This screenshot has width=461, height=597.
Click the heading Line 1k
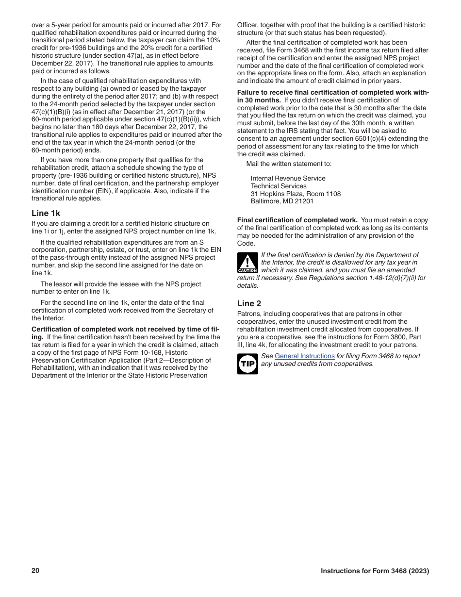click(46, 213)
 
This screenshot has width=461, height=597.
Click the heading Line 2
click(249, 303)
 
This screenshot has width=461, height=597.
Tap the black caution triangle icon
click(247, 263)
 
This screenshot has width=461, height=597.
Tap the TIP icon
click(247, 364)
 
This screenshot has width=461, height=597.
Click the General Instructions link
click(304, 356)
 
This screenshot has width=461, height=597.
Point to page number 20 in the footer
click(35, 571)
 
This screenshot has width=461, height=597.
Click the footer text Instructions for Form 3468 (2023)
click(375, 571)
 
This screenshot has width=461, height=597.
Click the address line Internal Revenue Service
click(288, 178)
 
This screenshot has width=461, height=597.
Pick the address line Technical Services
click(279, 186)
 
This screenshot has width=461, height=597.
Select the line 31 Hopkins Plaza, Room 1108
click(296, 194)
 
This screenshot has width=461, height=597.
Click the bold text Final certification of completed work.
click(297, 220)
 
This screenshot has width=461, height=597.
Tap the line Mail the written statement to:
click(289, 164)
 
